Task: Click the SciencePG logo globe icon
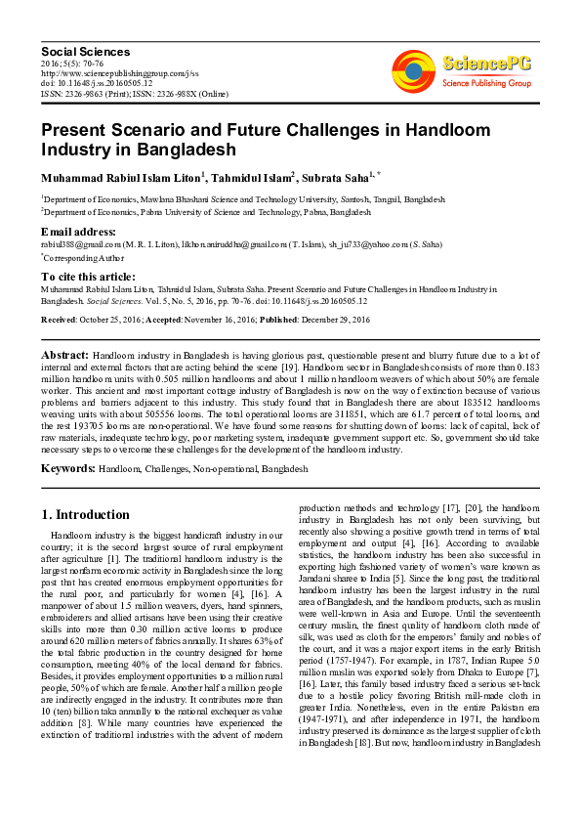click(x=414, y=68)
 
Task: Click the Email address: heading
click(x=79, y=231)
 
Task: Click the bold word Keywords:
click(x=67, y=468)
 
